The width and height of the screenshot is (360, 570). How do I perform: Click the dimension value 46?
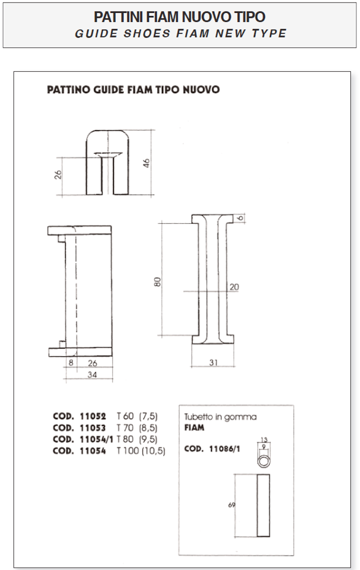click(x=146, y=162)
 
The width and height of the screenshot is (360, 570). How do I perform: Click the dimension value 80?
click(x=157, y=282)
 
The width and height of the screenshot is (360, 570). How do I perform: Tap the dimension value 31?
click(x=213, y=362)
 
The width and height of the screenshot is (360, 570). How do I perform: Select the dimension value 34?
click(x=93, y=374)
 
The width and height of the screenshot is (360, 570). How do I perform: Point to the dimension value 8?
click(x=71, y=363)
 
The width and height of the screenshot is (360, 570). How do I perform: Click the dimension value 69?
click(x=232, y=505)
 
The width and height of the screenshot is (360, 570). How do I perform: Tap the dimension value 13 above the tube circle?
click(x=264, y=440)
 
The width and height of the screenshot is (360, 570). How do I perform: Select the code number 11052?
click(x=93, y=416)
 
